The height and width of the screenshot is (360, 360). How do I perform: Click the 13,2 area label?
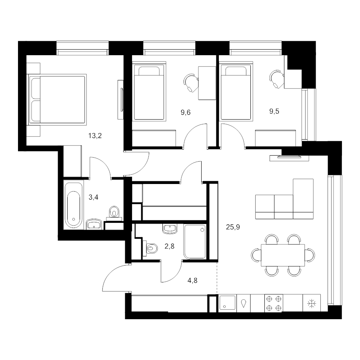pyautogui.click(x=95, y=136)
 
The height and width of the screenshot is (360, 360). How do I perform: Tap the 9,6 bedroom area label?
pyautogui.click(x=186, y=112)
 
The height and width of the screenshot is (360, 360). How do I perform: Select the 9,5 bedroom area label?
pyautogui.click(x=274, y=111)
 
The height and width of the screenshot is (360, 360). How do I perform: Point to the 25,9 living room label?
pyautogui.click(x=233, y=227)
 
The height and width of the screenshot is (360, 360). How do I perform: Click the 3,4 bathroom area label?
pyautogui.click(x=94, y=197)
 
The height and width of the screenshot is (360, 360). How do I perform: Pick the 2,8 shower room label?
pyautogui.click(x=170, y=246)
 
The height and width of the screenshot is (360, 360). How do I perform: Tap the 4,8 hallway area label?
pyautogui.click(x=192, y=280)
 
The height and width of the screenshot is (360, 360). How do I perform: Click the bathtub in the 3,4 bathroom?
pyautogui.click(x=74, y=205)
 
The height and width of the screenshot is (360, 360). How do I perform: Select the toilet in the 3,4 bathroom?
pyautogui.click(x=114, y=212)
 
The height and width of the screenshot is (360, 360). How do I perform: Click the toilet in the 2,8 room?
pyautogui.click(x=150, y=248)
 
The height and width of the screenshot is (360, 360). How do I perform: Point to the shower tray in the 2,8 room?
pyautogui.click(x=195, y=242)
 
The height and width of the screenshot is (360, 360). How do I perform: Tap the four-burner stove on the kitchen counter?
pyautogui.click(x=274, y=304)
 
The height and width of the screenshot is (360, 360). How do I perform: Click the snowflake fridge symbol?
pyautogui.click(x=312, y=304)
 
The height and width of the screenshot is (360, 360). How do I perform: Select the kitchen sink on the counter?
pyautogui.click(x=228, y=303)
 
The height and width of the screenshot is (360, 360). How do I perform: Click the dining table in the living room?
pyautogui.click(x=283, y=255)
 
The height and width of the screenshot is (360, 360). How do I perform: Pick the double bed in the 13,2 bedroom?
pyautogui.click(x=57, y=100)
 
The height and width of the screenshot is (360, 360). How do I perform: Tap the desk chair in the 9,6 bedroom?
pyautogui.click(x=191, y=83)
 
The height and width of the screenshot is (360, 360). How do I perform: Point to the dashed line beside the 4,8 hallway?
pyautogui.click(x=217, y=278)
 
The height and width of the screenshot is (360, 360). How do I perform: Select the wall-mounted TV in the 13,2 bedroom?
pyautogui.click(x=121, y=100)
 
